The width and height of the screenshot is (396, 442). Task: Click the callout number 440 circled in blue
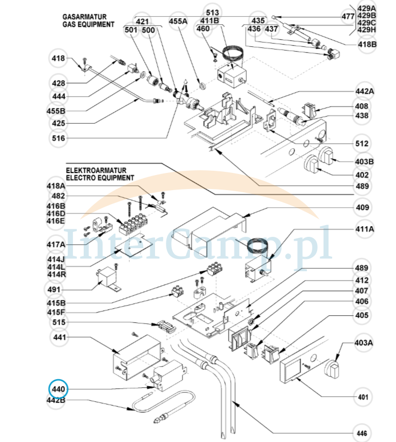58,389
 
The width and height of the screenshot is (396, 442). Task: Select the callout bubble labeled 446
363,432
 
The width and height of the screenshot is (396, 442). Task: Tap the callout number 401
363,397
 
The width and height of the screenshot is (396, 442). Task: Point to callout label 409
363,208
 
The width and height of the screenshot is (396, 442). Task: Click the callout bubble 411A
363,230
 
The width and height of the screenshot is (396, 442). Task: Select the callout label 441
58,337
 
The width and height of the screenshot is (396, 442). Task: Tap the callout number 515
58,322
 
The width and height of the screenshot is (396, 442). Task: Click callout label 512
363,144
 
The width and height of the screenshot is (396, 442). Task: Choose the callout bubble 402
363,175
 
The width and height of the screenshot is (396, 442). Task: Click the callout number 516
58,139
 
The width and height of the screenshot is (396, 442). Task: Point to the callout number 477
348,17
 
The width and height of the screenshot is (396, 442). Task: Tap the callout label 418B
367,44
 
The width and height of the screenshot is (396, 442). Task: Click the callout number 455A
178,21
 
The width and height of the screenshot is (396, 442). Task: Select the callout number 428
58,83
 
